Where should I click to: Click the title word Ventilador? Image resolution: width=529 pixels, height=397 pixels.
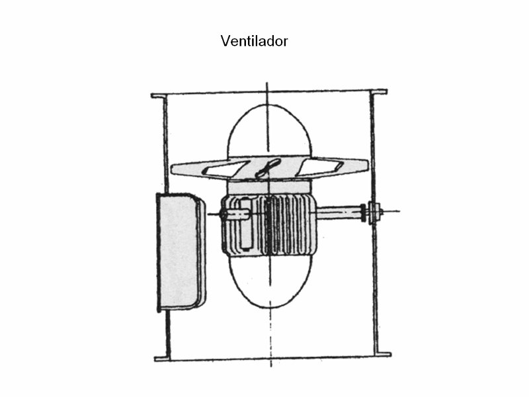click(x=255, y=41)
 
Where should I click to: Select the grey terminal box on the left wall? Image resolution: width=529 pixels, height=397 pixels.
click(x=181, y=251)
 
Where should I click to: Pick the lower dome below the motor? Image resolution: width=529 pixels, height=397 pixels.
click(x=270, y=282)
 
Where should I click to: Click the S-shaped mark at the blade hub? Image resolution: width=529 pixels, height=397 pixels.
click(x=268, y=168)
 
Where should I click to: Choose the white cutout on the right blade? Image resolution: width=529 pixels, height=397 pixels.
click(x=320, y=167)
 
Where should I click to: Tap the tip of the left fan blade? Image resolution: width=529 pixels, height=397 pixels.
click(x=171, y=169)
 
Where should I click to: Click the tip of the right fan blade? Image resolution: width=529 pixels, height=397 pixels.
click(x=368, y=166)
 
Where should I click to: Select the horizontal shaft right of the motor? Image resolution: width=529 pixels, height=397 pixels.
click(x=339, y=212)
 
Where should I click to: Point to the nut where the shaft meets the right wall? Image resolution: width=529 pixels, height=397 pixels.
click(x=374, y=212)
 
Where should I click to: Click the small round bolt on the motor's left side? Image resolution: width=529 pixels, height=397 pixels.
click(x=224, y=214)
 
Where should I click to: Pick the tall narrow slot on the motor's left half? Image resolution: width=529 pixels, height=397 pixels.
click(x=245, y=224)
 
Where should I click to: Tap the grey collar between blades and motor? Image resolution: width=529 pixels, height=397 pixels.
click(x=269, y=187)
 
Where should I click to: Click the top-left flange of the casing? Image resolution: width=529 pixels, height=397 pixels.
click(x=158, y=96)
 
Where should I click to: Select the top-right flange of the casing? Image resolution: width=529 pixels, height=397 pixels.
click(x=379, y=92)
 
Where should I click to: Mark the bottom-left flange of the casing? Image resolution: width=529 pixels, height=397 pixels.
click(x=161, y=359)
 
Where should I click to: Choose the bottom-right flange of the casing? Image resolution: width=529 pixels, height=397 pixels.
click(x=384, y=355)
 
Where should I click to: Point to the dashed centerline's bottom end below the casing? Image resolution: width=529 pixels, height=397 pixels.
click(x=271, y=367)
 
